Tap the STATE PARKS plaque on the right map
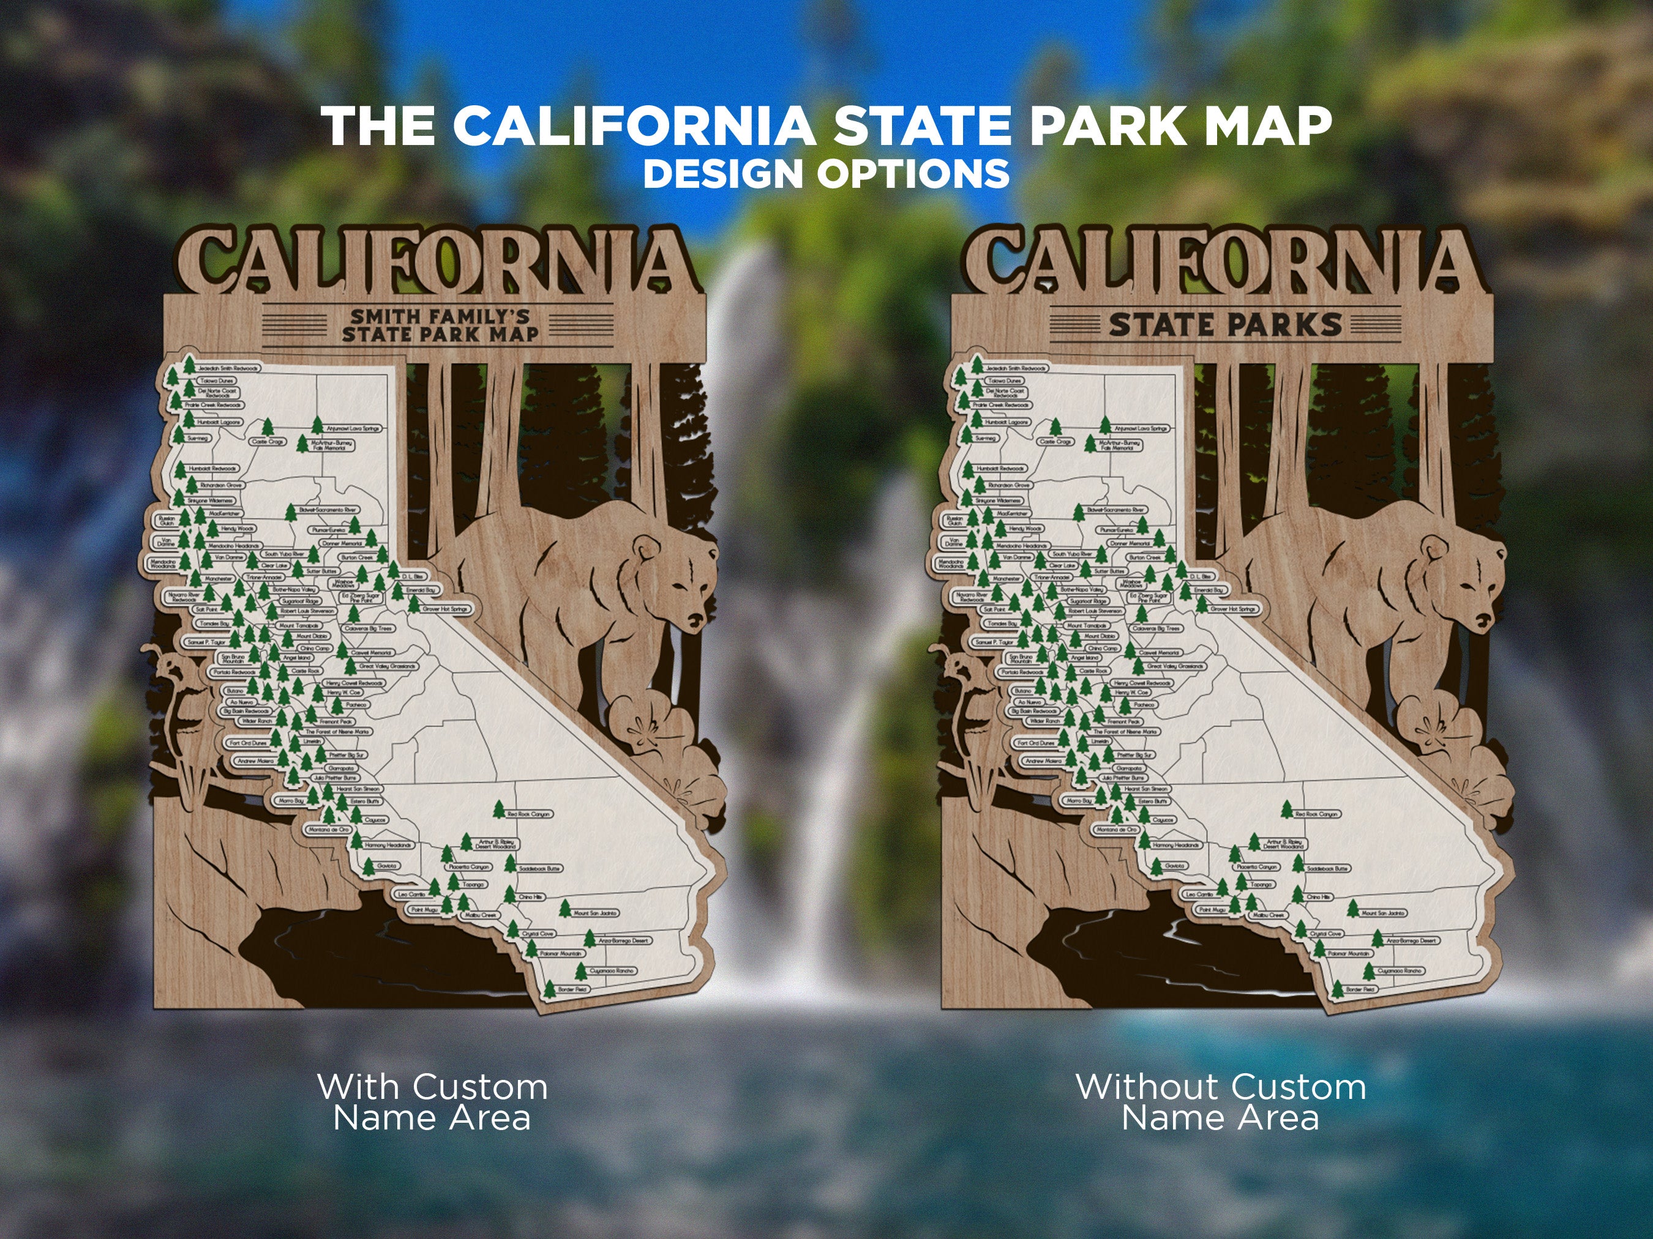pyautogui.click(x=1226, y=325)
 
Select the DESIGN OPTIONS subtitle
pyautogui.click(x=826, y=174)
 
